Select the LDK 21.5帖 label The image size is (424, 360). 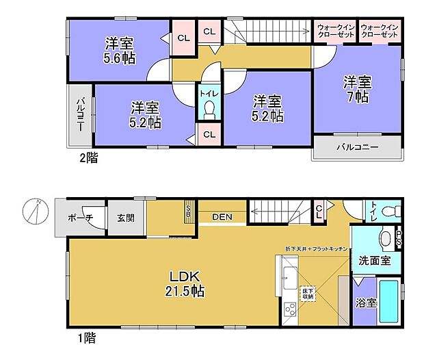184,283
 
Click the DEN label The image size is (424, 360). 222,218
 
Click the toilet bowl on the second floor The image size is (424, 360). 209,110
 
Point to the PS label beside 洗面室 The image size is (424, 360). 399,241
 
